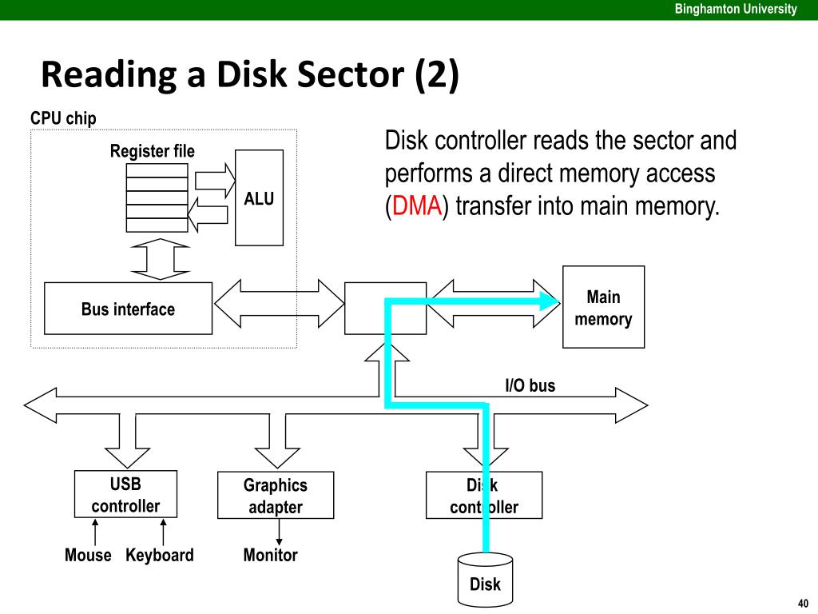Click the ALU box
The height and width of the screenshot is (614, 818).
pos(259,198)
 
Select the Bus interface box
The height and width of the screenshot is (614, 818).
pos(128,309)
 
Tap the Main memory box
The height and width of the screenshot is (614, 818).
pos(603,307)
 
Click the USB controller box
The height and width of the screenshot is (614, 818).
pos(125,494)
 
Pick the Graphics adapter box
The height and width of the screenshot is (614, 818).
pos(276,496)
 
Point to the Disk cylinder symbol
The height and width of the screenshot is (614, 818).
pos(485,580)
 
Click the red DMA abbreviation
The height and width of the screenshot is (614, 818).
pos(417,205)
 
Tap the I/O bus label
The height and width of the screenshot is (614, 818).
pos(530,386)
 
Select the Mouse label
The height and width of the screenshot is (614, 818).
pos(88,555)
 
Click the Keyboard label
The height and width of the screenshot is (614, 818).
pos(160,555)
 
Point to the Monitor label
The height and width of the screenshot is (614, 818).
pos(270,555)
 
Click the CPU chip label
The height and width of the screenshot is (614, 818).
pos(63,118)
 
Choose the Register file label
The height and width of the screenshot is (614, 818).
pos(153,151)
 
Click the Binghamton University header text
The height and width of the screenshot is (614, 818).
pos(736,9)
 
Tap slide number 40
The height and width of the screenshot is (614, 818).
pos(803,603)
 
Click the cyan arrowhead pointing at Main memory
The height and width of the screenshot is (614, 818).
pos(550,301)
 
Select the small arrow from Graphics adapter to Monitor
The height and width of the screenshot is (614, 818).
pos(279,532)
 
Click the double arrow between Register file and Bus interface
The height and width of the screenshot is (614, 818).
pos(160,260)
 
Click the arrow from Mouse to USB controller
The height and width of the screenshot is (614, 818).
pos(95,532)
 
